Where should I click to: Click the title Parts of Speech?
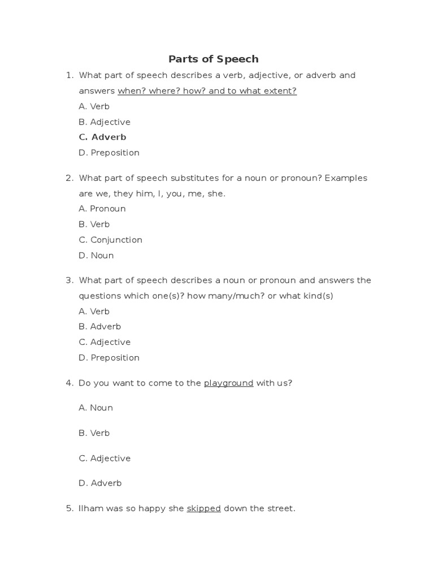(x=214, y=59)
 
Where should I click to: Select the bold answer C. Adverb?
(x=102, y=137)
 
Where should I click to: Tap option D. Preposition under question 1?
(x=109, y=153)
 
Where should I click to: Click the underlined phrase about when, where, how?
(x=207, y=91)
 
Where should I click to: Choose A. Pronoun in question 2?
(x=102, y=209)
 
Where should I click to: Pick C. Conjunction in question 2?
(x=111, y=240)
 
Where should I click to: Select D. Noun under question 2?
(x=97, y=256)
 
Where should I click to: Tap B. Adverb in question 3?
(x=100, y=327)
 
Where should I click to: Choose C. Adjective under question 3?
(x=105, y=342)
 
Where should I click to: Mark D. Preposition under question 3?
(x=109, y=358)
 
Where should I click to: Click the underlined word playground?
(x=228, y=383)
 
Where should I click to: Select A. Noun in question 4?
(x=96, y=408)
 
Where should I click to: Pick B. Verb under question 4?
(x=94, y=433)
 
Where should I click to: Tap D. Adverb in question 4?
(x=100, y=483)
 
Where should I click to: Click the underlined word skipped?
(x=203, y=509)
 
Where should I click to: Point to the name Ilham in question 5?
(x=90, y=509)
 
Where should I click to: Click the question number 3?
(x=69, y=280)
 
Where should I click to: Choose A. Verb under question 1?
(x=94, y=106)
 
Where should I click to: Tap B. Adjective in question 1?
(x=105, y=122)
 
